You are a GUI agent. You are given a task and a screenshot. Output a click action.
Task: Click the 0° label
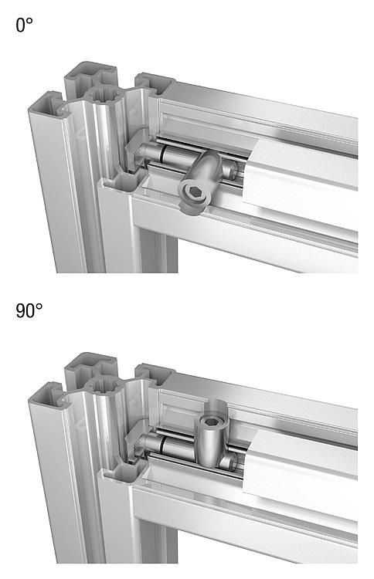(24, 25)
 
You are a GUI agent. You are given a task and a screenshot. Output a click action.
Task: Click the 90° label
(29, 310)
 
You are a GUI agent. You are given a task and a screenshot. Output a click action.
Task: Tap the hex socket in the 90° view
(210, 421)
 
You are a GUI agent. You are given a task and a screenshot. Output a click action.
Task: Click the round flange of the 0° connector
(194, 193)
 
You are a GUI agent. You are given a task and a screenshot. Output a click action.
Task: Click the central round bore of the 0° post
(103, 94)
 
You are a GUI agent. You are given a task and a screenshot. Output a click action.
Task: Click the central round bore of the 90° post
(103, 385)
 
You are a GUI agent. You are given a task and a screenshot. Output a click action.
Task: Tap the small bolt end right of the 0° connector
(229, 170)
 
